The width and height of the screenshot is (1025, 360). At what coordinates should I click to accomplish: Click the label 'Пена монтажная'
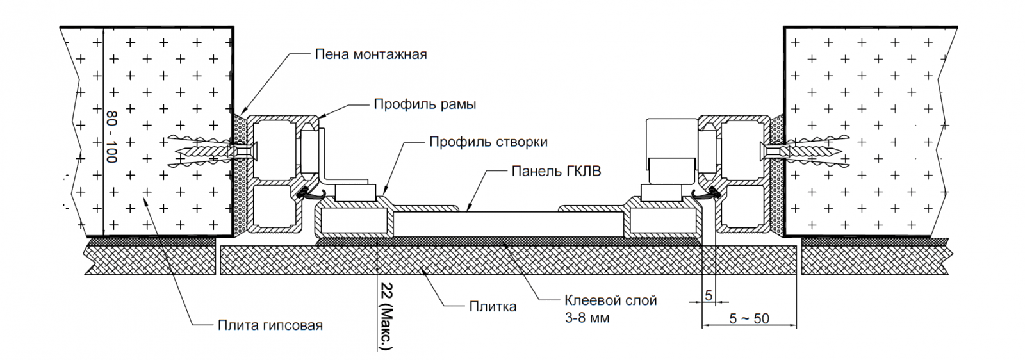click(370, 54)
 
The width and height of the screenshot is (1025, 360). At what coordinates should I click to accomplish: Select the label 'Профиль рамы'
click(425, 104)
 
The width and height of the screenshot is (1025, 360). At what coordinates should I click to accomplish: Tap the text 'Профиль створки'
click(488, 142)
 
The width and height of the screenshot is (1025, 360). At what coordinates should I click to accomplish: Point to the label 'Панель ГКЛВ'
click(556, 171)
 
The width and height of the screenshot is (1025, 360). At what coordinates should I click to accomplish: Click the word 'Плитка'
click(493, 306)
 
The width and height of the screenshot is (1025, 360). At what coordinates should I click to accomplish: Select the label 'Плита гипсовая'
click(270, 325)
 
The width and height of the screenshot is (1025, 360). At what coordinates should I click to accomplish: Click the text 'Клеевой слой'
click(611, 300)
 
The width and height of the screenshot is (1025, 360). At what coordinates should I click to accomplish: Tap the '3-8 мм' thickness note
click(587, 317)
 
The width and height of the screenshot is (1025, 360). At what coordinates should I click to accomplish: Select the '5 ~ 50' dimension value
click(749, 318)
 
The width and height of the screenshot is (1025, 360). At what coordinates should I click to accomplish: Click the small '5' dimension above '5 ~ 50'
click(709, 295)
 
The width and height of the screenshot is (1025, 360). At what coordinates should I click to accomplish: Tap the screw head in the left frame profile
click(252, 152)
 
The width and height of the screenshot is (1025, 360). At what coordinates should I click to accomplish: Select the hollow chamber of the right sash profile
click(664, 223)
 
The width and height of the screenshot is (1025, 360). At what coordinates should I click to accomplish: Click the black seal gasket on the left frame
click(306, 190)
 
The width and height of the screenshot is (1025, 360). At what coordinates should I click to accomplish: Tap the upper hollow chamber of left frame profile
click(274, 151)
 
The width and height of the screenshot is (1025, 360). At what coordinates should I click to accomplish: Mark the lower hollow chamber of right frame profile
click(743, 207)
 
